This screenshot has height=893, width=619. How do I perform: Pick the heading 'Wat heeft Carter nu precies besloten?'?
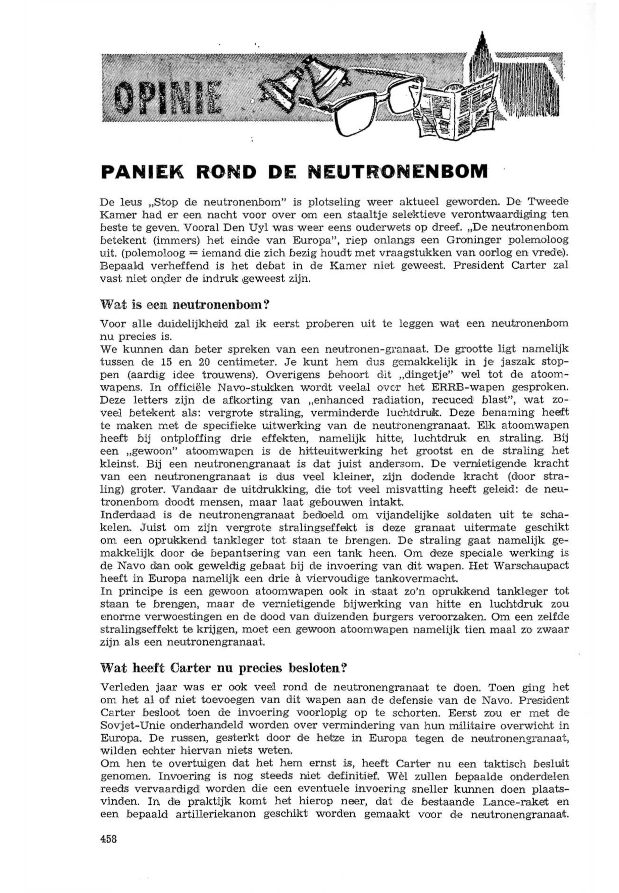(223, 668)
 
